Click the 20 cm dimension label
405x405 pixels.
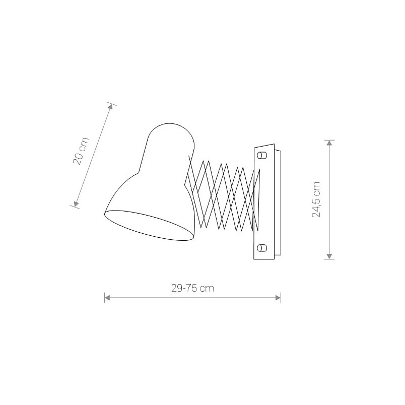pyautogui.click(x=81, y=151)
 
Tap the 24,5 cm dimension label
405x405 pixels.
pyautogui.click(x=316, y=199)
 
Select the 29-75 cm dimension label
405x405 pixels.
pyautogui.click(x=193, y=288)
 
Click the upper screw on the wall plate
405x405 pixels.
pyautogui.click(x=262, y=156)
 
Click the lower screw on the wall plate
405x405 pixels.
pyautogui.click(x=262, y=248)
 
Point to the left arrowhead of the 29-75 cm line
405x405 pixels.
pyautogui.click(x=107, y=298)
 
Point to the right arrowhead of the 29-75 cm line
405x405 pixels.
pyautogui.click(x=278, y=298)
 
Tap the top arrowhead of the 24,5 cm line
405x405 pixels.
pyautogui.click(x=329, y=143)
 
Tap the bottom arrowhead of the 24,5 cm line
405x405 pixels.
pyautogui.click(x=329, y=256)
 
